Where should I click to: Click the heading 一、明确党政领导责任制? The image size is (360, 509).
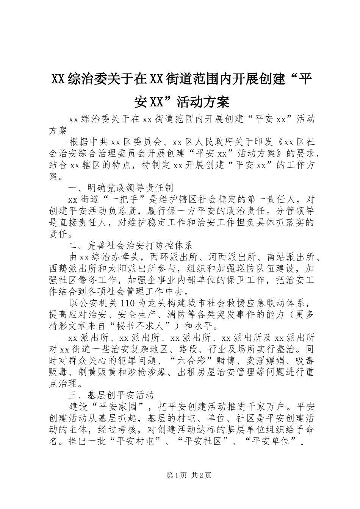point(121,188)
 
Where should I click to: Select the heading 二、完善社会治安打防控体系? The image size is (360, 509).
point(131,246)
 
